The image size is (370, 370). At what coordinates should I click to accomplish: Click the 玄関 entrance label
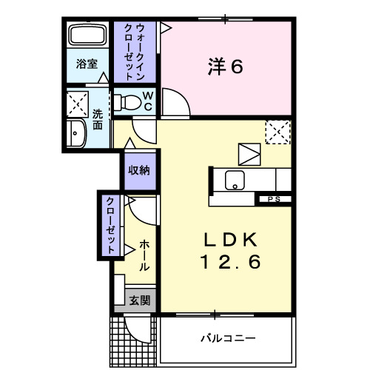pyautogui.click(x=140, y=300)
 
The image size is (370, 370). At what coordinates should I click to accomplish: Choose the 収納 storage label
pyautogui.click(x=140, y=171)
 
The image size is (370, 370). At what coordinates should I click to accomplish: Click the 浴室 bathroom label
pyautogui.click(x=87, y=64)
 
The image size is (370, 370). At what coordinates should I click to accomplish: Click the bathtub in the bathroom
pyautogui.click(x=87, y=36)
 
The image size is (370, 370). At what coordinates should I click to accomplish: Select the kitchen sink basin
pyautogui.click(x=235, y=178)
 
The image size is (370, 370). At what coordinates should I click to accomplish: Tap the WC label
pyautogui.click(x=147, y=101)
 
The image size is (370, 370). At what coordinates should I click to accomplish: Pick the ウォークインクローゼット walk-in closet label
pyautogui.click(x=134, y=52)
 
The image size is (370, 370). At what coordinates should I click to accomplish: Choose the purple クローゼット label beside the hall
pyautogui.click(x=109, y=225)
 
